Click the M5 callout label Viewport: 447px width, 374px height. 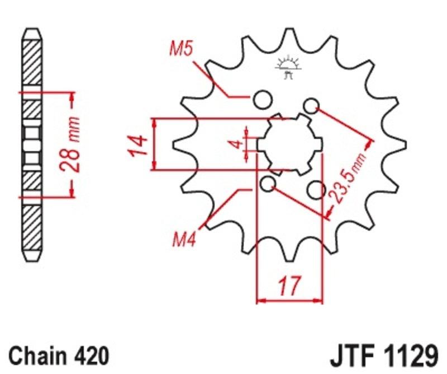(x=181, y=50)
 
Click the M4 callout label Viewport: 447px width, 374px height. (x=183, y=242)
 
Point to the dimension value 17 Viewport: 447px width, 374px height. (x=289, y=287)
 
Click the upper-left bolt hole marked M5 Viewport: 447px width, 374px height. (x=260, y=101)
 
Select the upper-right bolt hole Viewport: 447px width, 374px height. (x=312, y=105)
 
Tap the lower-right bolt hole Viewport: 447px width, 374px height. (x=317, y=190)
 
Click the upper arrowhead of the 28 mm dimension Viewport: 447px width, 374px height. (x=72, y=97)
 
